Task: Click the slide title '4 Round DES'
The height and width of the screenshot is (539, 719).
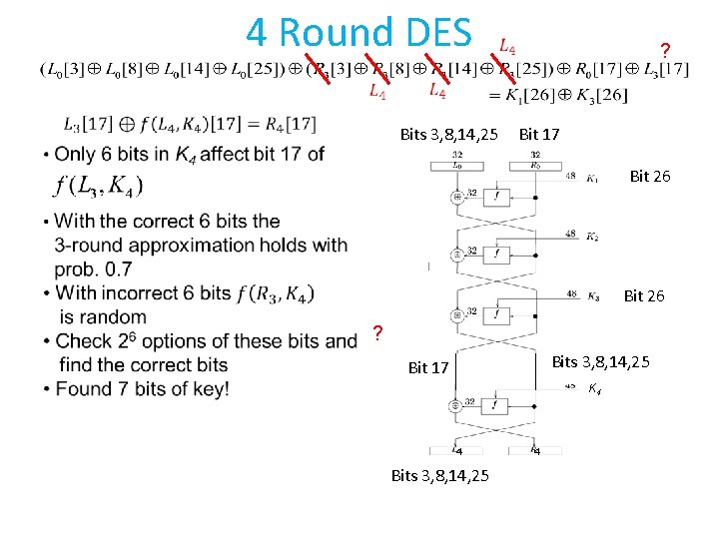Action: coord(359,32)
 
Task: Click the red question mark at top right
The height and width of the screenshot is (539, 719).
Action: coord(665,50)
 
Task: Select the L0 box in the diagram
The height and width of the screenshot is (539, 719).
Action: coord(456,165)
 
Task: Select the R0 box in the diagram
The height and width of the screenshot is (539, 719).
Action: coord(535,165)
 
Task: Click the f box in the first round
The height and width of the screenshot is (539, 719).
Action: coord(496,197)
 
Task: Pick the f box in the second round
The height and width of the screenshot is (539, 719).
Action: coord(496,255)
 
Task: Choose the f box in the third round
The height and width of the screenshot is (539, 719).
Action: coord(496,313)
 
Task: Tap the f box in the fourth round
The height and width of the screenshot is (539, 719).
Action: coord(496,404)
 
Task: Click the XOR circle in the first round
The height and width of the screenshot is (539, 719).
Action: coord(457,197)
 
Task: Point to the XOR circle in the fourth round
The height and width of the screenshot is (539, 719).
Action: coord(457,404)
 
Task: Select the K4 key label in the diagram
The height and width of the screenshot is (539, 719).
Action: coord(594,387)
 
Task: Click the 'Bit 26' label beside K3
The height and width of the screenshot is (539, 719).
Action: coord(644,295)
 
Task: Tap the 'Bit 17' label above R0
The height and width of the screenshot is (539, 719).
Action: coord(539,134)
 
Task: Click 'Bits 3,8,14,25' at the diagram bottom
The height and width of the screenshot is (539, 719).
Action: coord(440,475)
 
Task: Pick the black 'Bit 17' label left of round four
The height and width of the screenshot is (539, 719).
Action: coord(428,368)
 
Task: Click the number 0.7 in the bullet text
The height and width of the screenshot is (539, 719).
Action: coord(146,269)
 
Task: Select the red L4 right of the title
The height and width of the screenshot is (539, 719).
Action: coord(507,47)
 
